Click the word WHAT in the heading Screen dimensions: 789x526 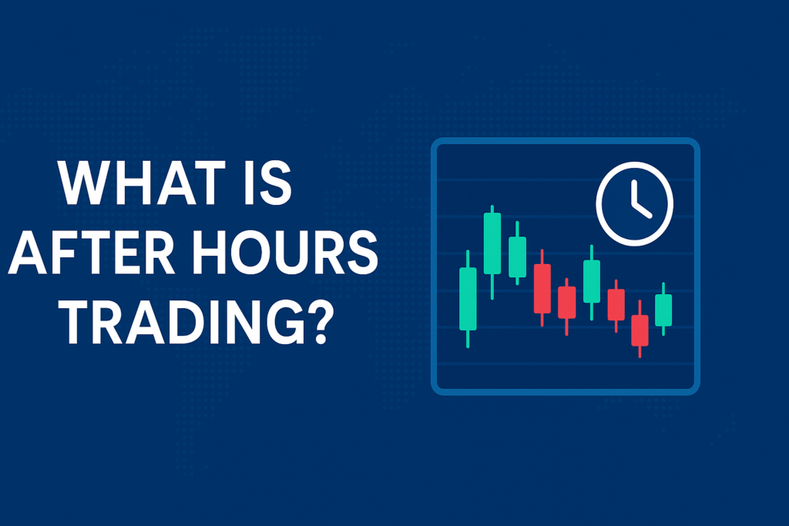pyautogui.click(x=142, y=183)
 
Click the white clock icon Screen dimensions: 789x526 pyautogui.click(x=635, y=203)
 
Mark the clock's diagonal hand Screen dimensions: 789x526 pyautogui.click(x=643, y=209)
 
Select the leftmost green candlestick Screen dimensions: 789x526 pyautogui.click(x=468, y=299)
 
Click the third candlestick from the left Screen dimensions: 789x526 pyautogui.click(x=517, y=253)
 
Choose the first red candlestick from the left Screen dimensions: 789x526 pyautogui.click(x=542, y=288)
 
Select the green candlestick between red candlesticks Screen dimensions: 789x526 pyautogui.click(x=591, y=282)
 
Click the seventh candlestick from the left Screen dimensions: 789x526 pyautogui.click(x=616, y=306)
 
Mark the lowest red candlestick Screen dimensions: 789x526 pyautogui.click(x=640, y=329)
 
